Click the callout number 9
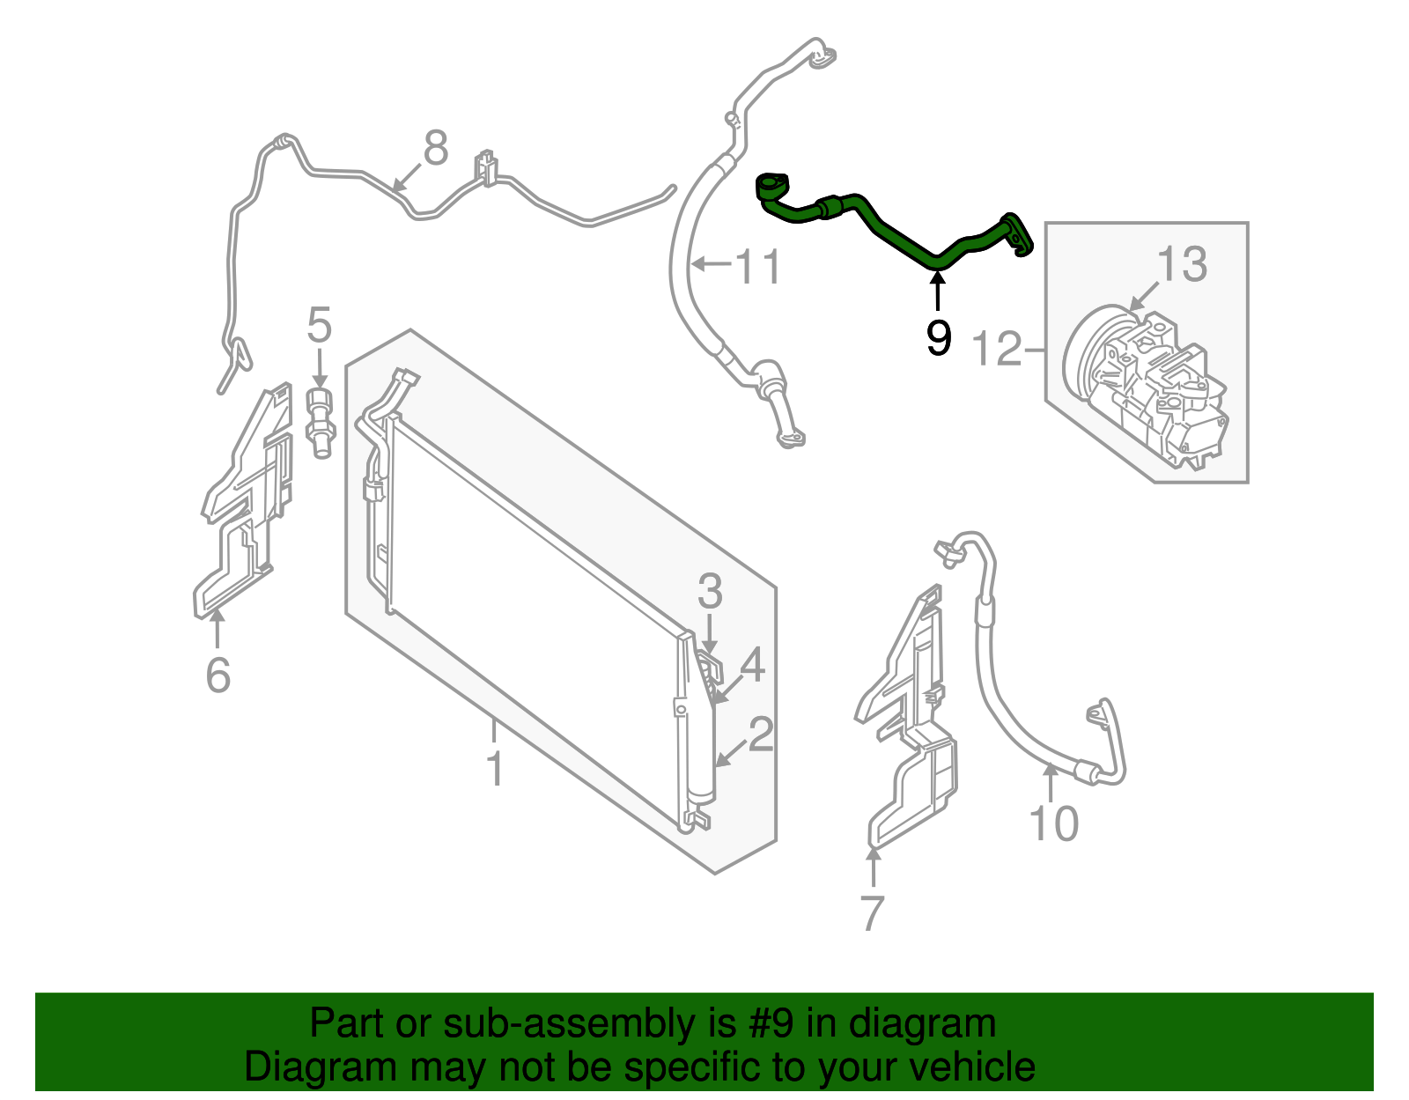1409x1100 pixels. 939,337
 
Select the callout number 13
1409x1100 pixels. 1182,264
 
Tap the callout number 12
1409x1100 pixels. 997,349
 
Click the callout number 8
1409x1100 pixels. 436,148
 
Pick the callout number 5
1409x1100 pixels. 319,325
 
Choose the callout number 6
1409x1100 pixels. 218,675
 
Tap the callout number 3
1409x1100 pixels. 710,591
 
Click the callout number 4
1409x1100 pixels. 752,665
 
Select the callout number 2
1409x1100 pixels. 761,735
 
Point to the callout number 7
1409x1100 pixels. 872,912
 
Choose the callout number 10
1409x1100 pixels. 1054,823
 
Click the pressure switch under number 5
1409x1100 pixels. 321,423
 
